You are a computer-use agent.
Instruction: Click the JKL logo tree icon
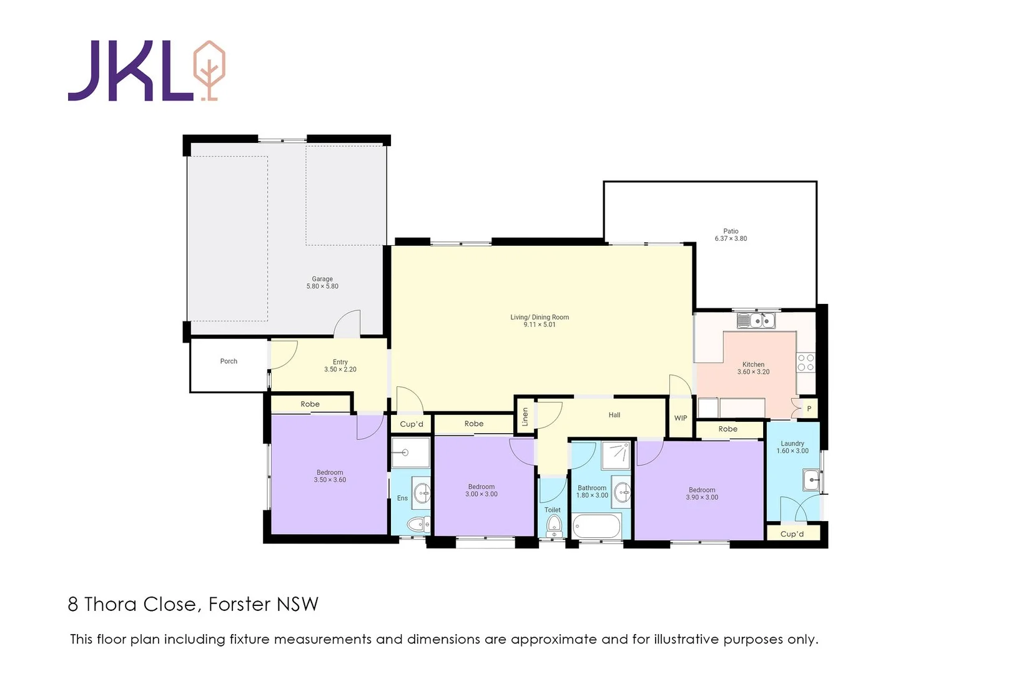[x=209, y=70]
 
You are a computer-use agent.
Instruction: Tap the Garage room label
[x=322, y=283]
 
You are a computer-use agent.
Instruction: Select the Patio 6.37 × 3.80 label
[x=731, y=235]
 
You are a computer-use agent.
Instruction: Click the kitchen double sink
[x=756, y=321]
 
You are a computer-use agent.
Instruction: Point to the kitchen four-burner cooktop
[x=806, y=363]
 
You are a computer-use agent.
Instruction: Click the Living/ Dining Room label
[x=540, y=321]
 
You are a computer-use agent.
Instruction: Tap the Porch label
[x=229, y=361]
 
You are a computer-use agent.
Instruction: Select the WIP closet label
[x=681, y=418]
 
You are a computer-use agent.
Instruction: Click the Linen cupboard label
[x=525, y=416]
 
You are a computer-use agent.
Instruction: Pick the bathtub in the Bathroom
[x=596, y=526]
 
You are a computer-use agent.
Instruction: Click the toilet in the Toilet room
[x=553, y=528]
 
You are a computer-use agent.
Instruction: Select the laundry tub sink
[x=811, y=480]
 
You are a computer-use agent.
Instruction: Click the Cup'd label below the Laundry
[x=792, y=534]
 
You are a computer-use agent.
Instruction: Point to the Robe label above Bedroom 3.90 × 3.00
[x=727, y=429]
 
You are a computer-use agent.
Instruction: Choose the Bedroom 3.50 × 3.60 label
[x=330, y=476]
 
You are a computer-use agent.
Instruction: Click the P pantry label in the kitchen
[x=809, y=409]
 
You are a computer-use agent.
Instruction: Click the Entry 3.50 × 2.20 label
[x=340, y=366]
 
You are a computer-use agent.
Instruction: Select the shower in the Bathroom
[x=616, y=455]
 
